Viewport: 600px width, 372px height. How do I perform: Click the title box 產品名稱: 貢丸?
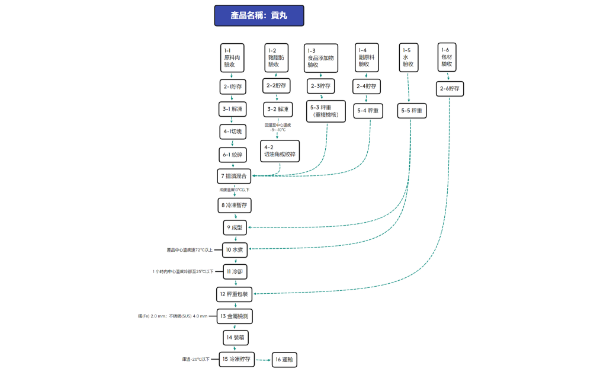(x=259, y=16)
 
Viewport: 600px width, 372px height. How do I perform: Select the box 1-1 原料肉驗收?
(x=232, y=57)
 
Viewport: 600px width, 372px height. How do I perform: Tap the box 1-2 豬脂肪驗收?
(x=276, y=57)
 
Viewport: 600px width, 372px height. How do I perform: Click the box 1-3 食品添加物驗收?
(x=320, y=58)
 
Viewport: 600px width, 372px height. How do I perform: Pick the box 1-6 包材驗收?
(x=447, y=57)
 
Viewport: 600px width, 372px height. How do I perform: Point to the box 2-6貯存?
(x=450, y=89)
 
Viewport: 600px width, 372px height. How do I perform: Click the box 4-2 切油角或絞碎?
(x=280, y=150)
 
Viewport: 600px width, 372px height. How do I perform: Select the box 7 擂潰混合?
(x=235, y=176)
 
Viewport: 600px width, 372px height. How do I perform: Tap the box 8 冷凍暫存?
(x=235, y=205)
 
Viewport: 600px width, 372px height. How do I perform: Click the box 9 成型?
(x=236, y=227)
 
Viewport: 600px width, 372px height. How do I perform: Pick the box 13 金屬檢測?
(x=235, y=316)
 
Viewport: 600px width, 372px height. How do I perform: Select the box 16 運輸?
(x=285, y=359)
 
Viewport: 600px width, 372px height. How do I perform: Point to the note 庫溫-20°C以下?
(x=195, y=359)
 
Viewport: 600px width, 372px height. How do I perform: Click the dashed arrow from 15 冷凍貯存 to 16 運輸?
(x=263, y=360)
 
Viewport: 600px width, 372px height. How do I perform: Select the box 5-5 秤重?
(x=412, y=111)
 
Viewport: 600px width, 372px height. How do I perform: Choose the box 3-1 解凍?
(x=232, y=110)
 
